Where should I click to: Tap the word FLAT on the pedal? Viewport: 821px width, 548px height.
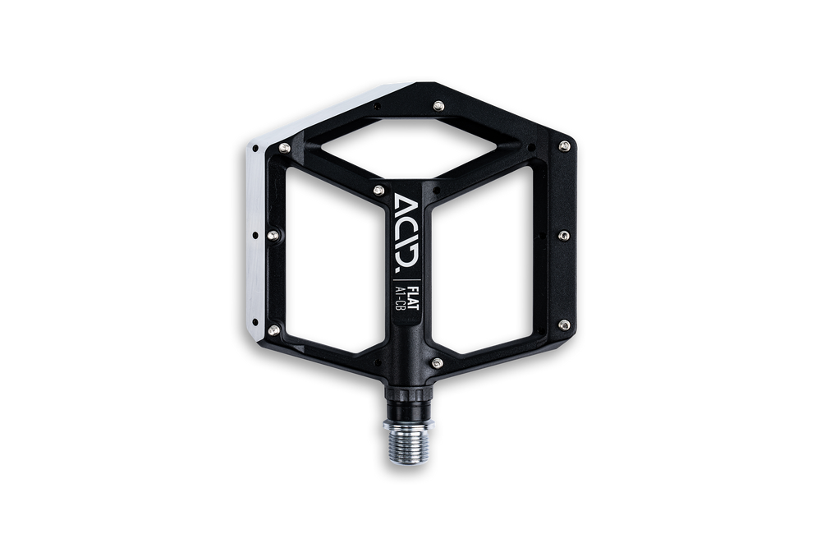[x=413, y=298]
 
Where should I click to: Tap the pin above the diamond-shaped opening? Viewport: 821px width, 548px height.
[x=438, y=107]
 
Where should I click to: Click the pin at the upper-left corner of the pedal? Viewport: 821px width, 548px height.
[x=285, y=148]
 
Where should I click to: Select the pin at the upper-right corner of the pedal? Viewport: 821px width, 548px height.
[x=564, y=145]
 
